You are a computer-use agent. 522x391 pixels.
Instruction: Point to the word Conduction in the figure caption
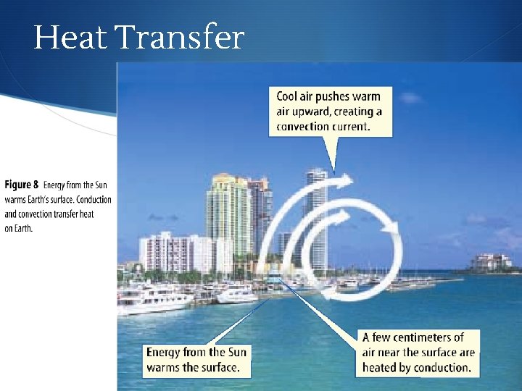(x=93, y=199)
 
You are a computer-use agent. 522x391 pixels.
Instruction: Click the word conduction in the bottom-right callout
(x=440, y=367)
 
